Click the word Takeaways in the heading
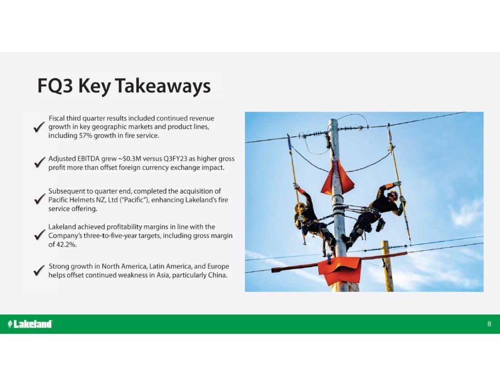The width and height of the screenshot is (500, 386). pyautogui.click(x=163, y=86)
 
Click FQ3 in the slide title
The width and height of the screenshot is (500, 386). pyautogui.click(x=55, y=86)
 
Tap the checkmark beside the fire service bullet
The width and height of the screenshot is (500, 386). pyautogui.click(x=39, y=127)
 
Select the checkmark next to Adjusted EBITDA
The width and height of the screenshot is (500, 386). pyautogui.click(x=40, y=163)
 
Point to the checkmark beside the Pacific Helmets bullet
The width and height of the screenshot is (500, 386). pyautogui.click(x=40, y=199)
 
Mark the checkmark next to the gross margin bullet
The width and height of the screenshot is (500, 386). pyautogui.click(x=40, y=235)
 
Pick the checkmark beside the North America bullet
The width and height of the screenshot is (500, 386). pyautogui.click(x=39, y=270)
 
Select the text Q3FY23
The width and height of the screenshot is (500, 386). pyautogui.click(x=175, y=158)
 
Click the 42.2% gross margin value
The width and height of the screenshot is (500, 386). pyautogui.click(x=66, y=245)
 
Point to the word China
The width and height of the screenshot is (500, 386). pyautogui.click(x=217, y=275)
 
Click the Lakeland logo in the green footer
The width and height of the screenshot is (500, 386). pyautogui.click(x=30, y=324)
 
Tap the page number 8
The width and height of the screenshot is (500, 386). pyautogui.click(x=489, y=324)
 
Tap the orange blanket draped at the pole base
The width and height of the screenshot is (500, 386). pyautogui.click(x=340, y=270)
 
